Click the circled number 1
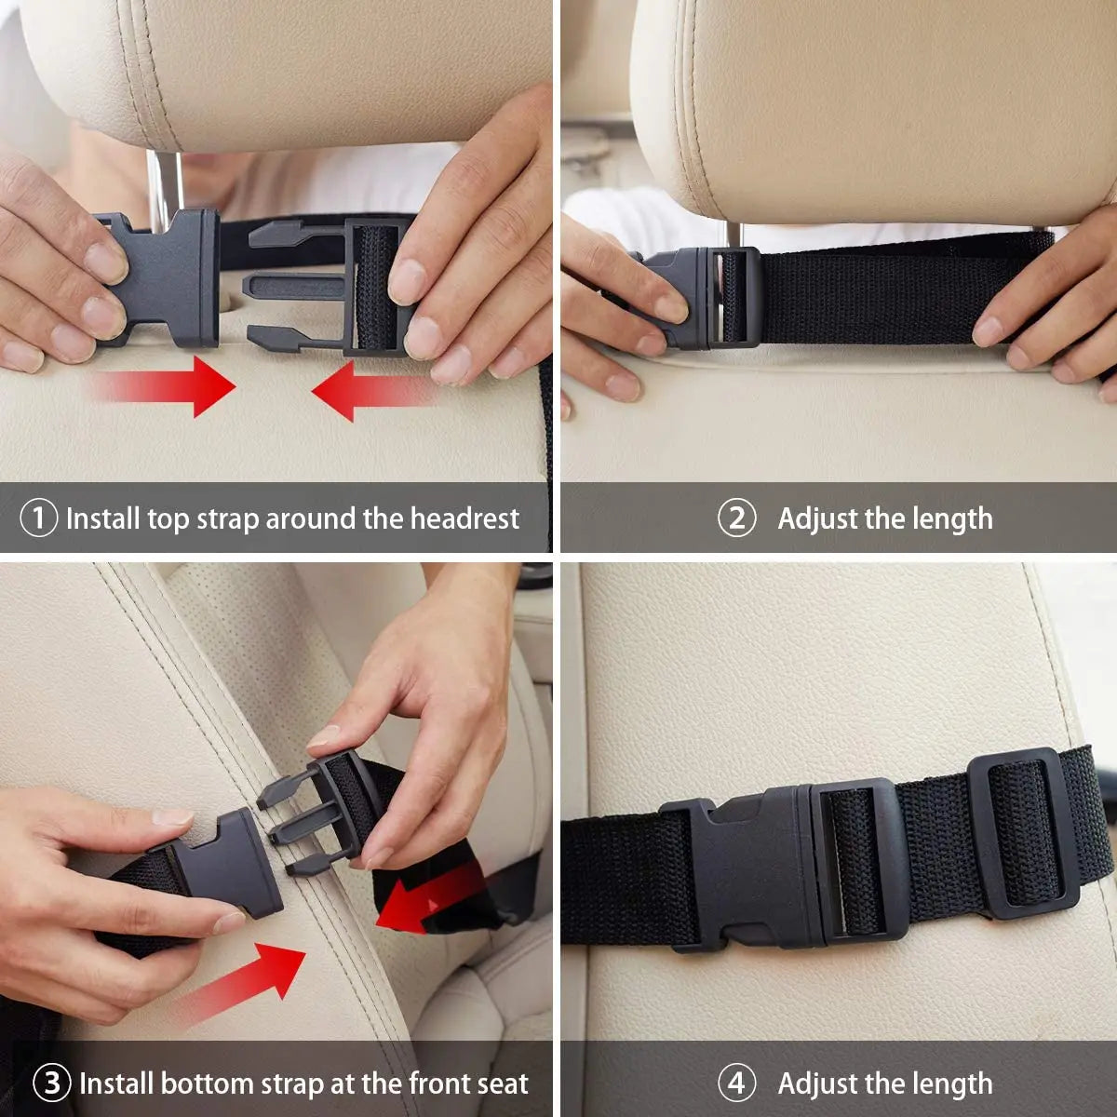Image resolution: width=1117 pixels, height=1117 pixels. [x=38, y=518]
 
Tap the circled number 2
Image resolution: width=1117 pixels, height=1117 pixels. [x=735, y=518]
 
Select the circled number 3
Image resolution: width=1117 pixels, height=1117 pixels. [x=52, y=1083]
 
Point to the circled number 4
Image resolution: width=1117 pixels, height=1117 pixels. [x=735, y=1083]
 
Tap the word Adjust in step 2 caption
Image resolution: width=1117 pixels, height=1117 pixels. [x=818, y=518]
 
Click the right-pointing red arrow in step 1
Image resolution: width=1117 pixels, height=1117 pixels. [x=168, y=385]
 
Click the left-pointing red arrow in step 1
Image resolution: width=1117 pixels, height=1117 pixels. [x=372, y=391]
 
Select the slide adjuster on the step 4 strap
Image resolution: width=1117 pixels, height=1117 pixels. [x=1021, y=833]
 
